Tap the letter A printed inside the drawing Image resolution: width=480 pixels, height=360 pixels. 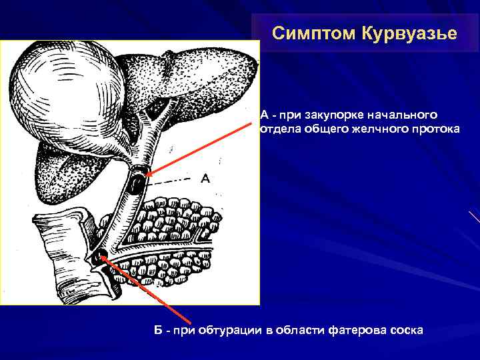(205, 178)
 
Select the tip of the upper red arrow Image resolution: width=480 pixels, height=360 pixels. (147, 175)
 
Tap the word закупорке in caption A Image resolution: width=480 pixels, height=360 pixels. (333, 114)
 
